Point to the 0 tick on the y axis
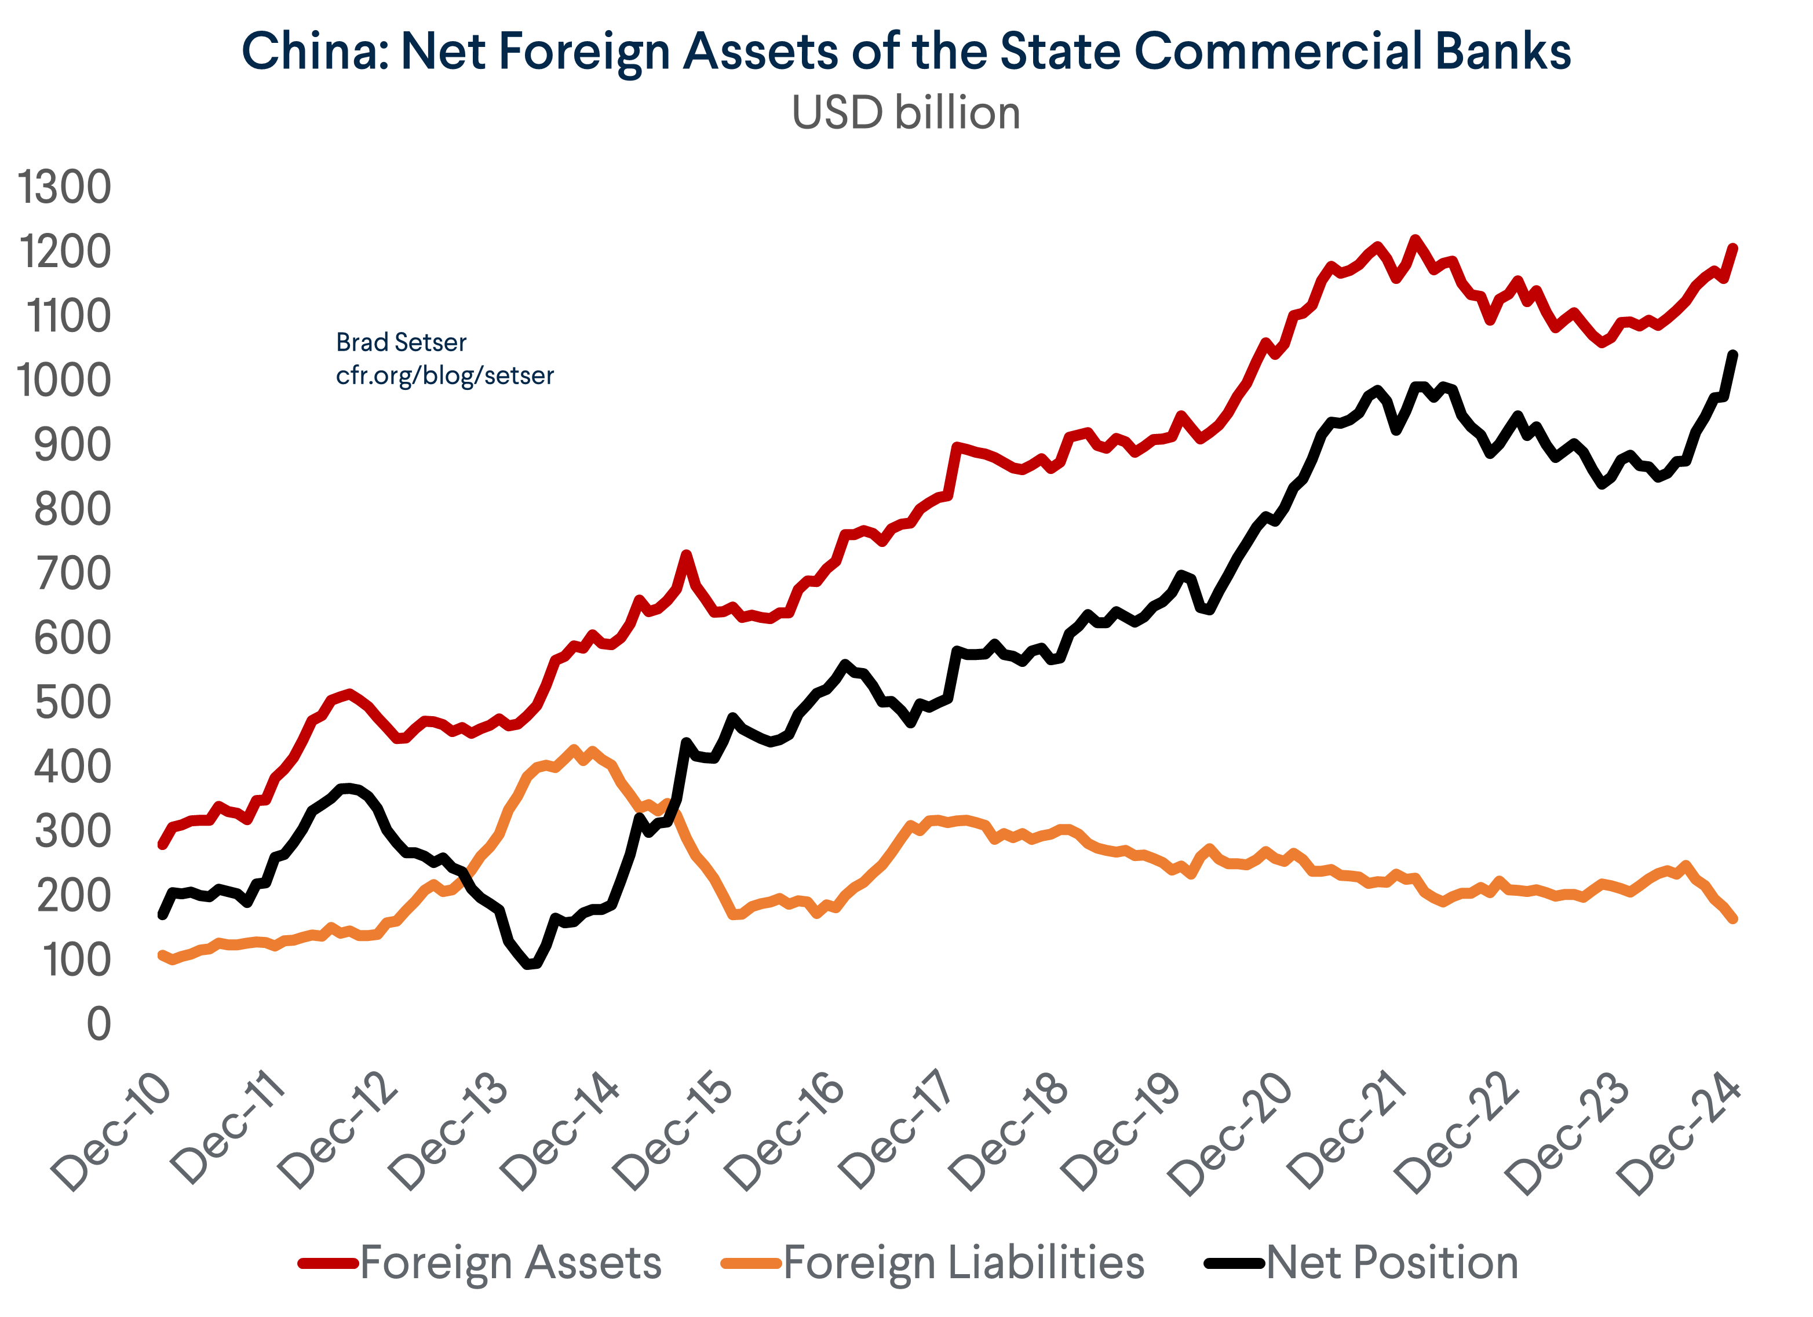click(x=99, y=1024)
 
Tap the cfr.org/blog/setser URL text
click(x=444, y=375)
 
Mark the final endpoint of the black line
click(x=1732, y=355)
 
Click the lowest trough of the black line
click(x=528, y=965)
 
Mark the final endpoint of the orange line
click(x=1732, y=919)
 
